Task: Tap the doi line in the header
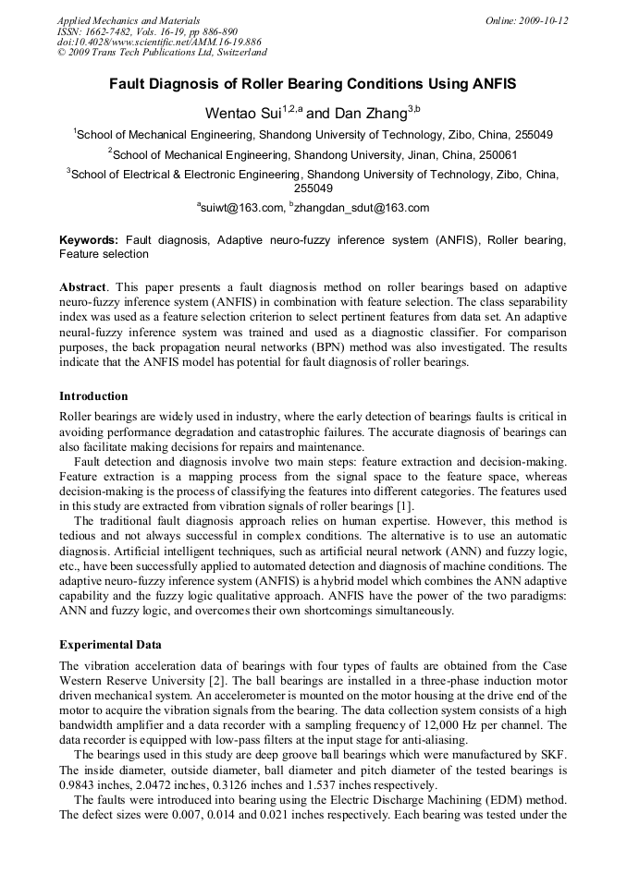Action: pos(159,42)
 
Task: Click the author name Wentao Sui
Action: pos(243,114)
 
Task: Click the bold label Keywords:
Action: pos(89,240)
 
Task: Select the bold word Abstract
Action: pos(83,287)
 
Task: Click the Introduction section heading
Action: pos(93,395)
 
